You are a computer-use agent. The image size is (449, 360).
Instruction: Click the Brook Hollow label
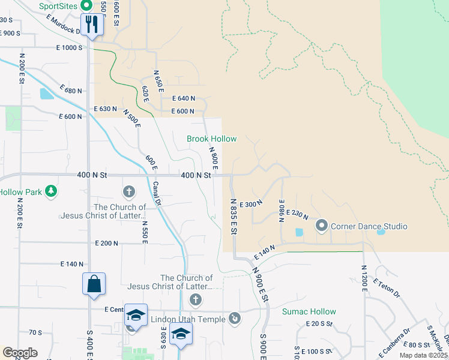(x=211, y=139)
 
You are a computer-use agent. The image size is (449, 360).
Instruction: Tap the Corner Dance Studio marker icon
(x=321, y=226)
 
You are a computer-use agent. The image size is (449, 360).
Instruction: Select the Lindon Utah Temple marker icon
(x=235, y=318)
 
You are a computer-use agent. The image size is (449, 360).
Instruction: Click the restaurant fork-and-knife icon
(x=92, y=24)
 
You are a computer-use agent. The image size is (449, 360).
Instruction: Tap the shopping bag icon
(x=94, y=284)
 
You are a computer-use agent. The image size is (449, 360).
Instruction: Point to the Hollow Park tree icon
(x=52, y=191)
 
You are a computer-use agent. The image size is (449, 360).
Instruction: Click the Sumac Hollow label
(x=309, y=312)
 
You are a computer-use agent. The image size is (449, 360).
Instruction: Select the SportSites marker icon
(x=85, y=6)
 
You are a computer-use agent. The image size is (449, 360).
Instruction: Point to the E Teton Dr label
(x=385, y=288)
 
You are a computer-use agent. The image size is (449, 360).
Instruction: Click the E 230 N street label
(x=298, y=214)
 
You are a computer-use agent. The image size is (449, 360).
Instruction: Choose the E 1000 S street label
(x=69, y=47)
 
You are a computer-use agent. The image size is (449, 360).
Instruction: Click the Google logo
(x=20, y=353)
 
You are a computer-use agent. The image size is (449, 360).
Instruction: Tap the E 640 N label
(x=184, y=98)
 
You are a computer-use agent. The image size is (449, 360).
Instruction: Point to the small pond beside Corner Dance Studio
(x=299, y=232)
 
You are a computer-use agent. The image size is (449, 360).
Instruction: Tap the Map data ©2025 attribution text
(x=423, y=355)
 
